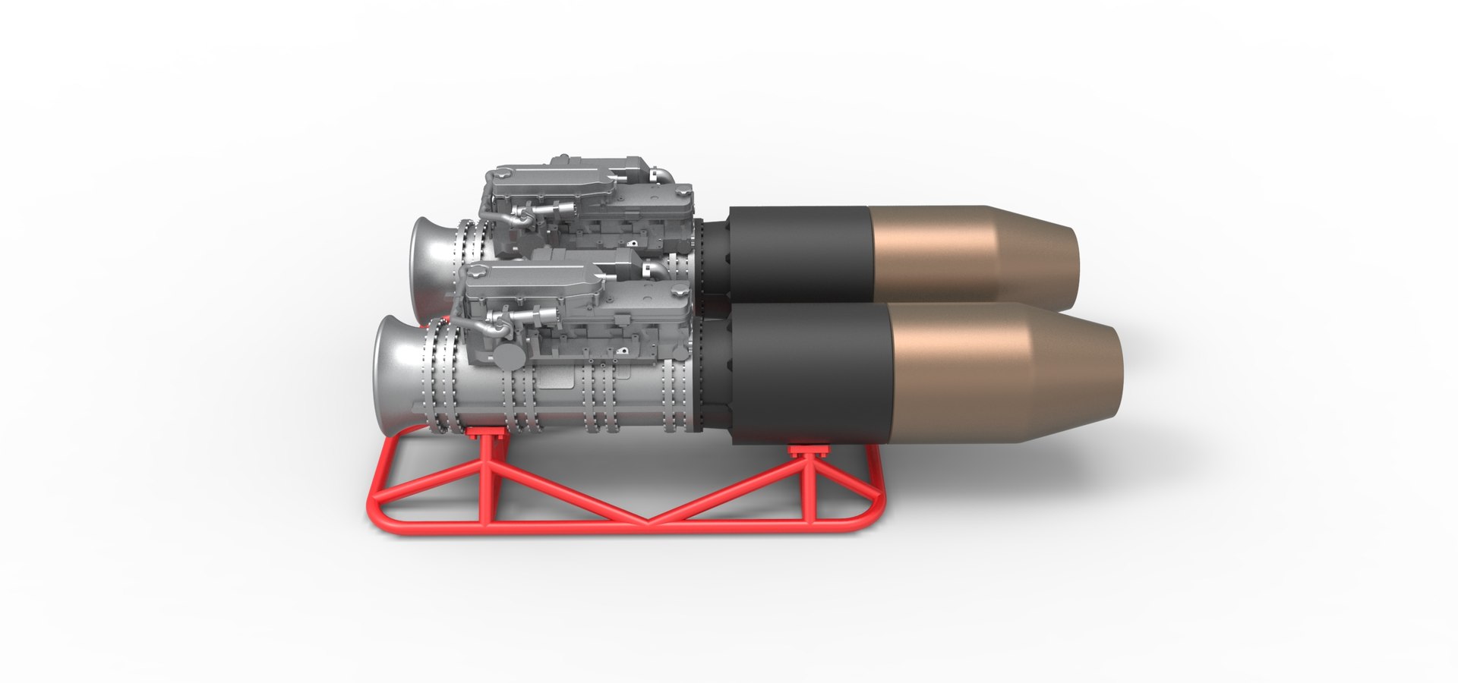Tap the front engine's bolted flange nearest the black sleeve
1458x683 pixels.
[x=670, y=391]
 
